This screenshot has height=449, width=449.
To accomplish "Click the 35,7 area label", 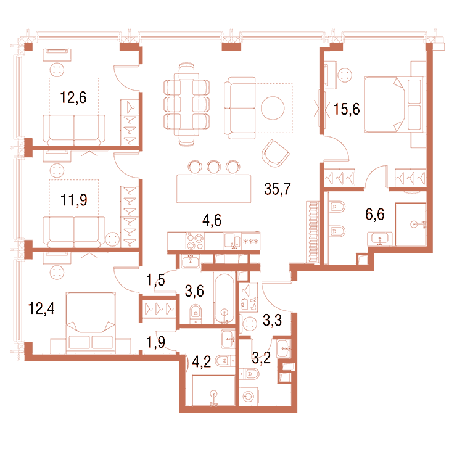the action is click(277, 189).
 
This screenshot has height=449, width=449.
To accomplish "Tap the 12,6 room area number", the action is click(73, 97).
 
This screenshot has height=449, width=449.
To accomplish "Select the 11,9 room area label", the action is click(74, 200).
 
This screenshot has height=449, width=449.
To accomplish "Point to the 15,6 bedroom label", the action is click(347, 109).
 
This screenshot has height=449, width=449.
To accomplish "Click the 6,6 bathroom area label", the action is click(375, 214).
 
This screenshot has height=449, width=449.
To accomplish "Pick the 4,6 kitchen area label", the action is click(212, 221).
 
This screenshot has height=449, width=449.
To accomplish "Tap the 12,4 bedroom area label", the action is click(41, 308).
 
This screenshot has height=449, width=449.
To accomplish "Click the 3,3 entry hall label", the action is click(273, 320).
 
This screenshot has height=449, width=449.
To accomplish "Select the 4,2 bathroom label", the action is click(202, 361).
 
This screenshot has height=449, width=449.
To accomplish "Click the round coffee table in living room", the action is click(273, 108).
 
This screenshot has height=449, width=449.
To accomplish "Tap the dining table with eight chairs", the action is click(187, 104).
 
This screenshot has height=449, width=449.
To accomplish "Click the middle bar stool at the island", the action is click(213, 167).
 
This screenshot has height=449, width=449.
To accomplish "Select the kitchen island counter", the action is click(213, 189).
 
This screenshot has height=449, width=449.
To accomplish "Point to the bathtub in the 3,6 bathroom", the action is click(224, 299).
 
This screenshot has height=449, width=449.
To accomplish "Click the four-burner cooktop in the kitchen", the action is click(195, 241).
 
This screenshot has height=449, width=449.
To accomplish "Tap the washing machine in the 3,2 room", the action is click(249, 397).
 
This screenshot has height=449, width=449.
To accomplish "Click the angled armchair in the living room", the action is click(275, 153).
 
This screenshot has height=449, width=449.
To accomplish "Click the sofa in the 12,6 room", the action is click(74, 130).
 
